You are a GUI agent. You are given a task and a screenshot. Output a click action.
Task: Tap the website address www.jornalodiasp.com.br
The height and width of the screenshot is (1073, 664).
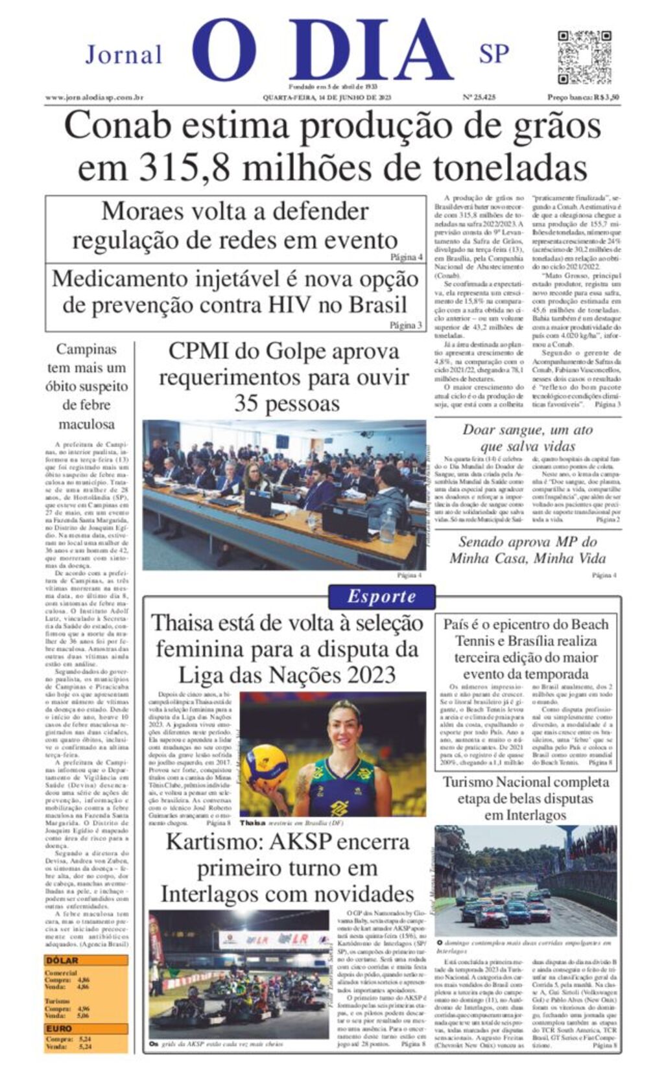[x=94, y=98]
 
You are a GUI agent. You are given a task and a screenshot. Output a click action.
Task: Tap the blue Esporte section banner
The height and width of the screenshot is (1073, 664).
[x=381, y=596]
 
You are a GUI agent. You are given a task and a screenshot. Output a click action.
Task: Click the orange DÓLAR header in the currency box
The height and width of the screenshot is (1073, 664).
[x=63, y=961]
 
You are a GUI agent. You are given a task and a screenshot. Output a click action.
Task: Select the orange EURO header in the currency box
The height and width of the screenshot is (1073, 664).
[x=60, y=1028]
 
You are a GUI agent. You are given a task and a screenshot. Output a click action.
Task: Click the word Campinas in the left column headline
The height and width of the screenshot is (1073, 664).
[x=86, y=350]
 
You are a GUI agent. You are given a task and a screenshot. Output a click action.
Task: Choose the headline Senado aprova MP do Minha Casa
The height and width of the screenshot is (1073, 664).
[x=527, y=550]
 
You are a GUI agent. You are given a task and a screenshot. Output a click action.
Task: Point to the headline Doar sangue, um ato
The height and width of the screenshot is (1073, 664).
[x=527, y=437]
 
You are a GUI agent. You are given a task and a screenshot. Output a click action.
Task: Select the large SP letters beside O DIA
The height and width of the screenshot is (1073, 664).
[x=494, y=54]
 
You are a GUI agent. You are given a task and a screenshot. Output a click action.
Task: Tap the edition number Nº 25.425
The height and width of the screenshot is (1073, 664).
[x=479, y=98]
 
